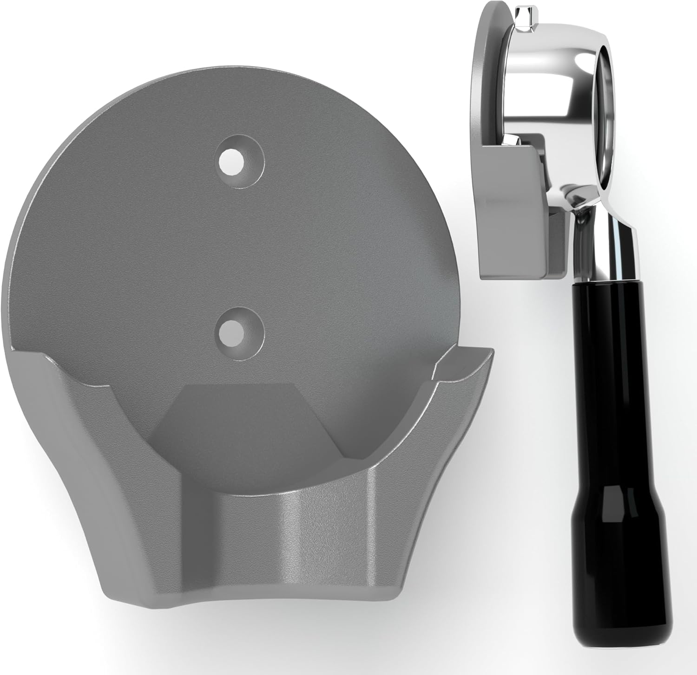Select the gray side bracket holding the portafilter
[x=511, y=209]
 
